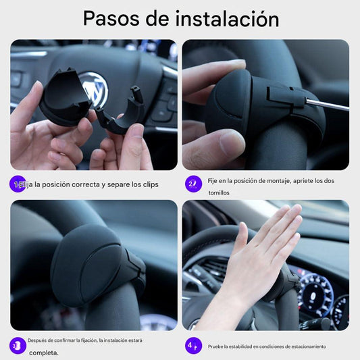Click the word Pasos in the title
click(x=111, y=19)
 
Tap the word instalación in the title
click(x=227, y=18)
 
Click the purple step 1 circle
click(x=18, y=184)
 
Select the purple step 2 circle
click(x=193, y=184)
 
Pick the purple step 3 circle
click(x=18, y=346)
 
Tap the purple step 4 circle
click(x=193, y=346)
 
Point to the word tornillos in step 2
click(x=219, y=193)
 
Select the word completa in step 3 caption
click(x=44, y=353)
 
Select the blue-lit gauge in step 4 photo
click(x=315, y=292)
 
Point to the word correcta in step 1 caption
click(x=86, y=184)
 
